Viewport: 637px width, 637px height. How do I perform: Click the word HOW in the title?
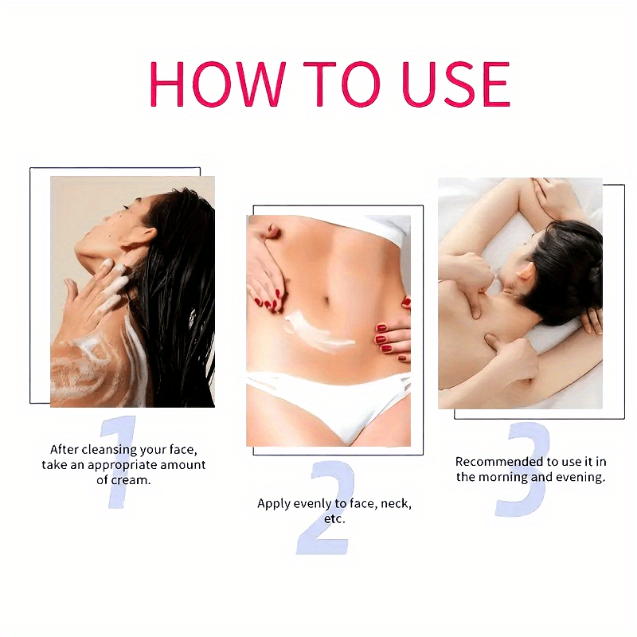tap(218, 84)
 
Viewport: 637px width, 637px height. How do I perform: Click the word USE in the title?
tap(455, 84)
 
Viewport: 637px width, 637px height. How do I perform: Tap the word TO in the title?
tap(342, 84)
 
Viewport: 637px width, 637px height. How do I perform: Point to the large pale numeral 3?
tap(523, 469)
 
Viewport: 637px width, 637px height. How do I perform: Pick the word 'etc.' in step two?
tap(334, 519)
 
